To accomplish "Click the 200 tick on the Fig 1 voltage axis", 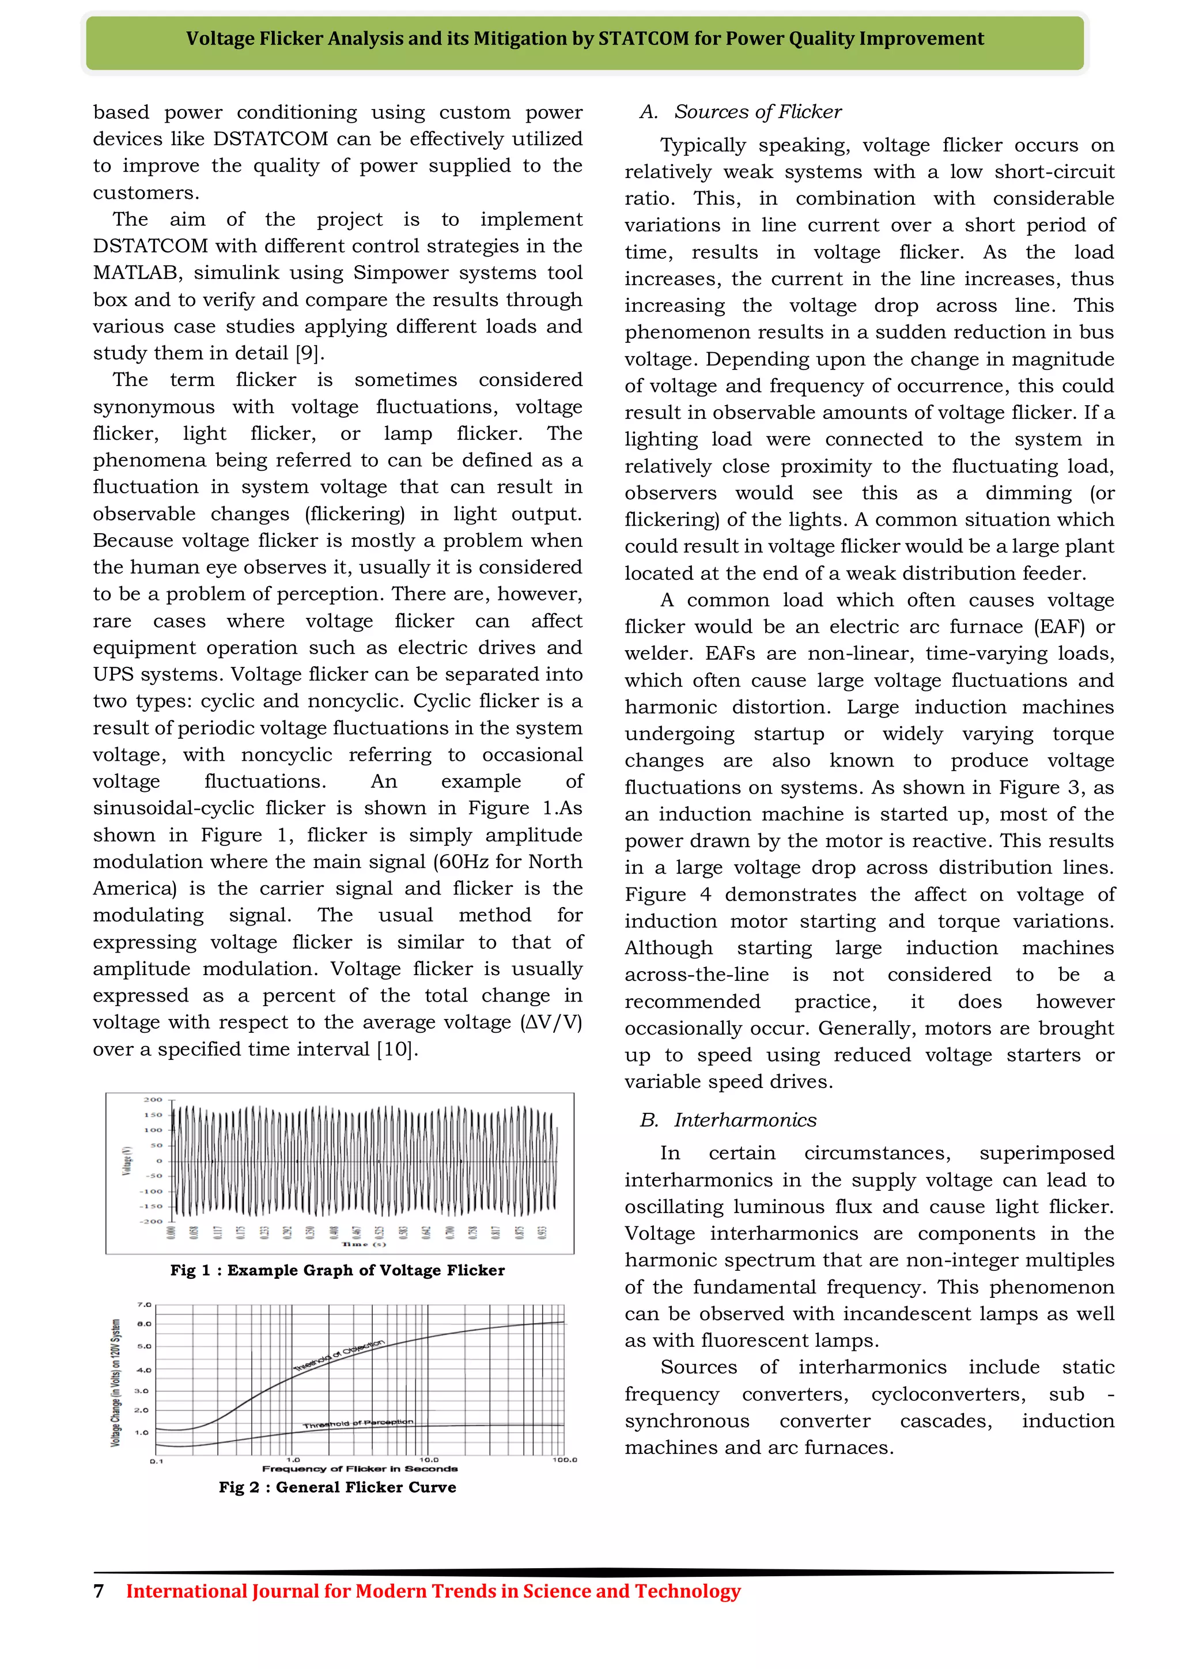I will pos(153,1100).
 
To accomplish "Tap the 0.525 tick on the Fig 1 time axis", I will pos(379,1232).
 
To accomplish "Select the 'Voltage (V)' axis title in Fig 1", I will pos(128,1160).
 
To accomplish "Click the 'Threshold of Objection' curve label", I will pos(339,1355).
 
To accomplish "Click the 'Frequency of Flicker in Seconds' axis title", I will pos(360,1469).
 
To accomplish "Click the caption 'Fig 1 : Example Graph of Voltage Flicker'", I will pos(337,1270).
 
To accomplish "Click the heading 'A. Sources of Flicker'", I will pos(741,112).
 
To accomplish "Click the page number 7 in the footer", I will pos(99,1591).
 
